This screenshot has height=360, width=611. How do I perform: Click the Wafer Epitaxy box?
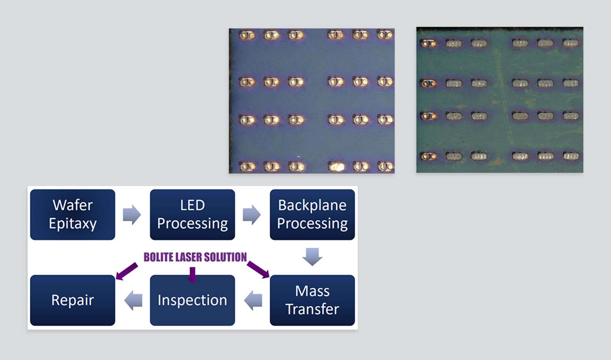[73, 215]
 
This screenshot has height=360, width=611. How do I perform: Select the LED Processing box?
[192, 215]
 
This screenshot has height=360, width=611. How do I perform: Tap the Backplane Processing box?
[312, 215]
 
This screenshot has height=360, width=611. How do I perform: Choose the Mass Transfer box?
[312, 300]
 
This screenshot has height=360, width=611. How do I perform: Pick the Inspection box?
[192, 300]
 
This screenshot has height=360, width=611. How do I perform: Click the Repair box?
[73, 300]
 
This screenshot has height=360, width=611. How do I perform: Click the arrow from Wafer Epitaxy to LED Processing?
[132, 215]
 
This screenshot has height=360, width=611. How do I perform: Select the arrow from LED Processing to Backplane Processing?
[252, 215]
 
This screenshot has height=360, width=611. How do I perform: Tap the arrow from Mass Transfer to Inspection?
[252, 300]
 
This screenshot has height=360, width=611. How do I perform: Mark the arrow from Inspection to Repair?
[133, 300]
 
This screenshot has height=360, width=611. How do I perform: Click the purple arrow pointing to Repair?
[126, 271]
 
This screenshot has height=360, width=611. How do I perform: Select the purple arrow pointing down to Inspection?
[192, 273]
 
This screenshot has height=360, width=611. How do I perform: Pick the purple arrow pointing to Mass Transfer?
[258, 269]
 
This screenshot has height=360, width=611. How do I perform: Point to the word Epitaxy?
[73, 223]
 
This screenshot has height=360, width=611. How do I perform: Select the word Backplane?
[312, 206]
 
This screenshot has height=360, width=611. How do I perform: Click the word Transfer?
[312, 309]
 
